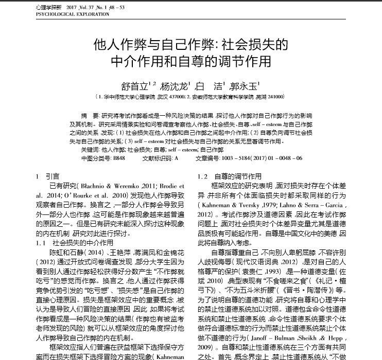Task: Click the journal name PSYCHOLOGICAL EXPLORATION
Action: pos(73,14)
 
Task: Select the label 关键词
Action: pos(89,150)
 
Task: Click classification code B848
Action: pos(119,158)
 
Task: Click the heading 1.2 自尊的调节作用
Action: pos(230,176)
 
